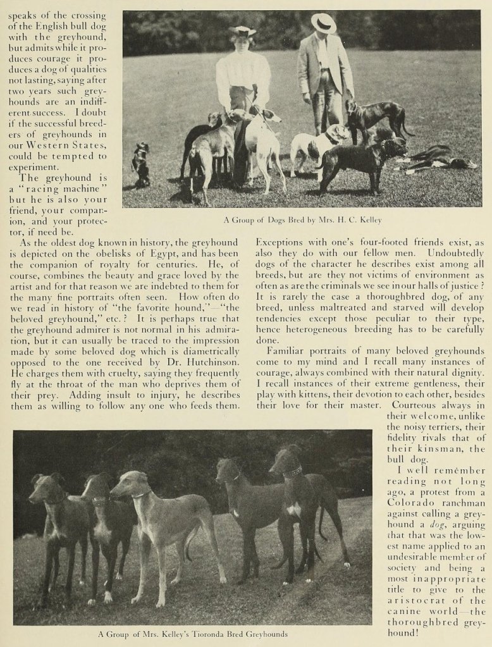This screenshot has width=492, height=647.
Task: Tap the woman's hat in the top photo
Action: [242, 31]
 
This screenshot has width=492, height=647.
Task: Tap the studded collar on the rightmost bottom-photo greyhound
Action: [293, 471]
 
